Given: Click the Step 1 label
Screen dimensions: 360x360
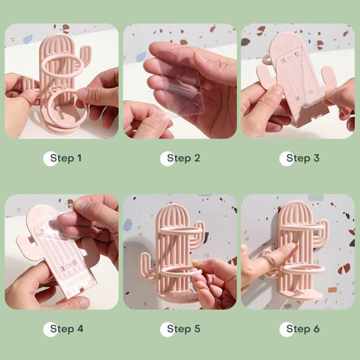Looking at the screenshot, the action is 66,158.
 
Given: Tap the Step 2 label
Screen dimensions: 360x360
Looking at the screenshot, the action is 184,158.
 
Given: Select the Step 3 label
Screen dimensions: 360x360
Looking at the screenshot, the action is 303,158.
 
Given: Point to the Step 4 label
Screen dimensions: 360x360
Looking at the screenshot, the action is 67,329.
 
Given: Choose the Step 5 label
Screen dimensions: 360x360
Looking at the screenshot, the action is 184,329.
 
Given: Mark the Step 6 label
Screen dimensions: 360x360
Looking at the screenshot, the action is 303,329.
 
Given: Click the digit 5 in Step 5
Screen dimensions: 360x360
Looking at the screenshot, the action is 197,329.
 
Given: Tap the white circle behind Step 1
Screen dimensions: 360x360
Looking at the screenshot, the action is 50,158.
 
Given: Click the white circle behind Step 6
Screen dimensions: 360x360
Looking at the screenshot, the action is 287,329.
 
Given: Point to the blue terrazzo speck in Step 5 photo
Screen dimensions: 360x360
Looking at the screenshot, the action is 127,225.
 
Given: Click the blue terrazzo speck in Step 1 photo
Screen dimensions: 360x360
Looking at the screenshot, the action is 27,38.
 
